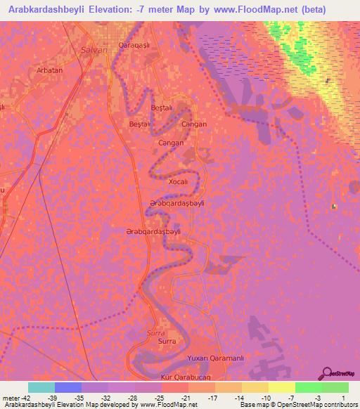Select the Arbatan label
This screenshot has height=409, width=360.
[x=49, y=70]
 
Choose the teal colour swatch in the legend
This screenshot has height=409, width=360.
[x=41, y=387]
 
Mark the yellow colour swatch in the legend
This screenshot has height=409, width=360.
[x=281, y=387]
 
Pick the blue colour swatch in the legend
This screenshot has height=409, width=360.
[x=67, y=387]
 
